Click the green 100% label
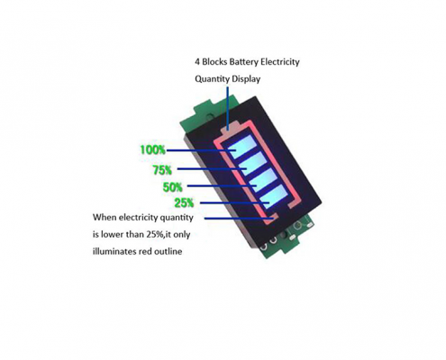[153, 149]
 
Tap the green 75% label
[162, 170]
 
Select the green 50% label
[172, 187]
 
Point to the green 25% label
[184, 203]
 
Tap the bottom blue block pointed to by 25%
[274, 196]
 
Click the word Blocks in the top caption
[214, 62]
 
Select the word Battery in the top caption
[244, 62]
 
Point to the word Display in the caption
[246, 79]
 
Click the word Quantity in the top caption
[213, 79]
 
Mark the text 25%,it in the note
[159, 234]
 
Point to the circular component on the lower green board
[298, 225]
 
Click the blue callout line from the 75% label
[212, 169]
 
